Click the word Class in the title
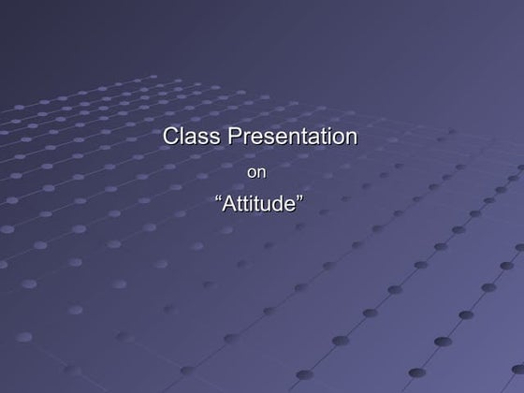[x=192, y=137]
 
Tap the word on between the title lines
[x=255, y=172]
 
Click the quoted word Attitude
[x=259, y=203]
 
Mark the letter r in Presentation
[x=248, y=138]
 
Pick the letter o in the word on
[x=251, y=173]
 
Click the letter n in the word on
[x=261, y=173]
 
